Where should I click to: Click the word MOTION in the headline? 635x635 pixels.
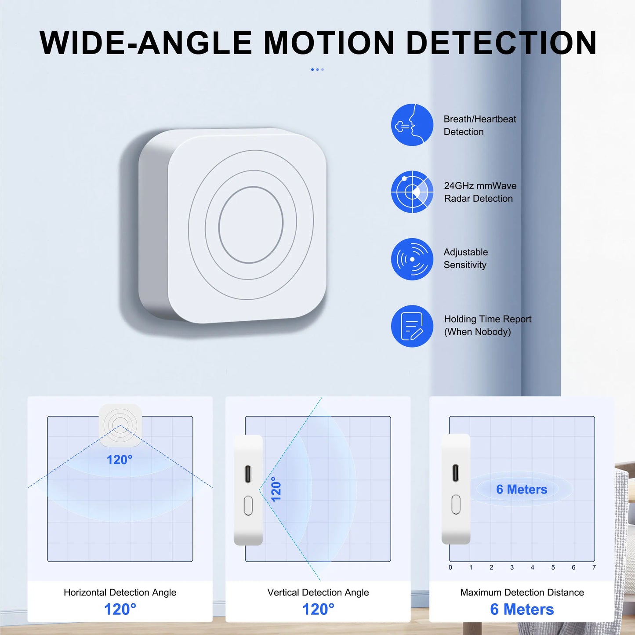pos(329,43)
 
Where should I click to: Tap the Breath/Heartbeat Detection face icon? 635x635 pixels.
pos(412,125)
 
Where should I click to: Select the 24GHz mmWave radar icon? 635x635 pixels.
pos(412,192)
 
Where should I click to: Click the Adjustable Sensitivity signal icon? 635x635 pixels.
pos(412,259)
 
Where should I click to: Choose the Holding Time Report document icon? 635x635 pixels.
pos(412,326)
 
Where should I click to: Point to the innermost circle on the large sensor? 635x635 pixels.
pos(250,225)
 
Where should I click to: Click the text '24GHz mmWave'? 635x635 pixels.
pos(480,186)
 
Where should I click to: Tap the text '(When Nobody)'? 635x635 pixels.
pos(477,332)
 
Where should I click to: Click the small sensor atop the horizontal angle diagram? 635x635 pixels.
pos(120,425)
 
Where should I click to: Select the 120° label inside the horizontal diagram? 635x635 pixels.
pos(119,460)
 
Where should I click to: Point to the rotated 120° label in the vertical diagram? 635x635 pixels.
pos(276,489)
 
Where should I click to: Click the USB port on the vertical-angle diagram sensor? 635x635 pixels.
pos(248,474)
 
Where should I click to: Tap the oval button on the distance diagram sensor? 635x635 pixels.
pos(456,504)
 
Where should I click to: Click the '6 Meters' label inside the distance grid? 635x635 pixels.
pos(522,489)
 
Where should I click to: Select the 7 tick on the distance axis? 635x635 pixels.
pos(594,567)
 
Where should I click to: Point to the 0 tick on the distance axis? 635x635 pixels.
pos(450,567)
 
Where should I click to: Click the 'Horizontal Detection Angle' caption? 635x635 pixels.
pos(120,592)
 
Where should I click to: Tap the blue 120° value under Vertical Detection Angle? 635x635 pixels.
pos(318,610)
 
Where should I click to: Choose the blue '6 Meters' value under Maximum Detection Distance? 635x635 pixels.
pos(522,610)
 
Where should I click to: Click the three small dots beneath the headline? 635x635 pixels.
pos(317,69)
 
